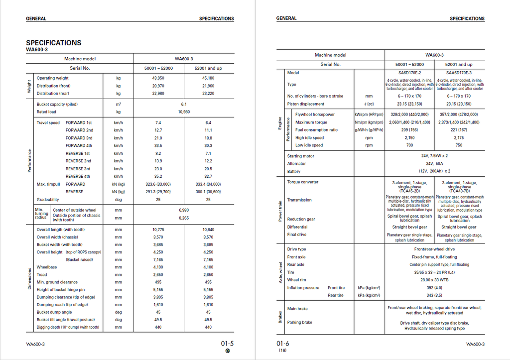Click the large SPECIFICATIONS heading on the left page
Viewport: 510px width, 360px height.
[54, 43]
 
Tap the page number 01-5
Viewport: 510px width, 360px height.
[227, 343]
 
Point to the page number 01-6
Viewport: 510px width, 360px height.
[283, 343]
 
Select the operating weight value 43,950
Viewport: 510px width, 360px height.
[158, 78]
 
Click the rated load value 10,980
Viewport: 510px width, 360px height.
[183, 112]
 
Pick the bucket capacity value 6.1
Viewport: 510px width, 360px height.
[183, 105]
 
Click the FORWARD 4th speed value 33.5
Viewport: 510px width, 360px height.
[158, 146]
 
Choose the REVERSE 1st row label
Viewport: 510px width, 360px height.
[78, 153]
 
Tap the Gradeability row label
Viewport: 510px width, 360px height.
[48, 199]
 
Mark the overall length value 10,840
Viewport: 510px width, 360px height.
[208, 230]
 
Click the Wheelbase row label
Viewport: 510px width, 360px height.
[46, 267]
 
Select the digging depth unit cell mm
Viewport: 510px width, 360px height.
[118, 327]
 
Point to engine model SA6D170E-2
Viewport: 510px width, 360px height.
[409, 73]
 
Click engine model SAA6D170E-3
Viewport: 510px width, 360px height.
[459, 73]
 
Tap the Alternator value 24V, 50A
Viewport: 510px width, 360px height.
[434, 164]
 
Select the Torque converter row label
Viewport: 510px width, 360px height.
[303, 182]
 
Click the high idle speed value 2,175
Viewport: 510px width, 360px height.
[459, 138]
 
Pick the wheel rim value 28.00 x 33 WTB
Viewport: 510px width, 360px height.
[434, 280]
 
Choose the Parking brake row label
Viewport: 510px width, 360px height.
[300, 322]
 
